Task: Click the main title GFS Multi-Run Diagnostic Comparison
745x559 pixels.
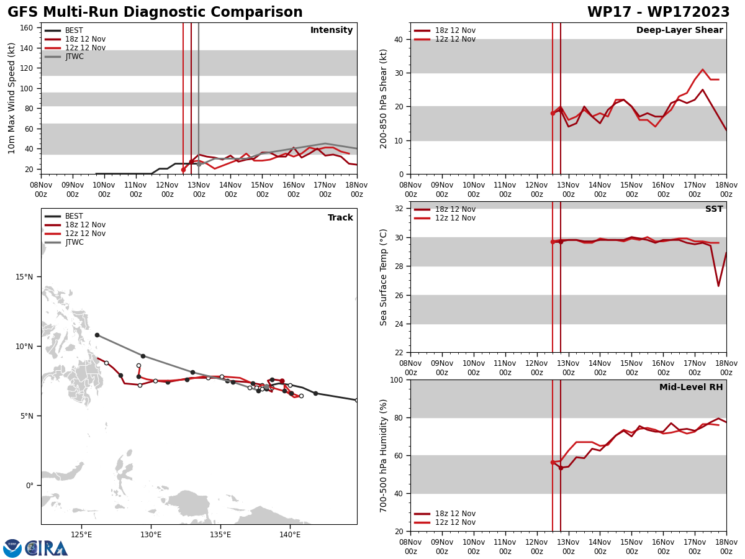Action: click(155, 12)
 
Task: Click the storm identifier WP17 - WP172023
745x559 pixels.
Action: click(658, 12)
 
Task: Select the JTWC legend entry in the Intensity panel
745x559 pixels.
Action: click(74, 57)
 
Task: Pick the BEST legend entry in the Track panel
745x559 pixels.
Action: click(74, 216)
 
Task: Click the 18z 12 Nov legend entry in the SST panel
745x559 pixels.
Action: click(455, 209)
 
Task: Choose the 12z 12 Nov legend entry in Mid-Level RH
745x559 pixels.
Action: click(455, 522)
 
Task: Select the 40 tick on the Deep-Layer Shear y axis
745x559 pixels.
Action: click(398, 39)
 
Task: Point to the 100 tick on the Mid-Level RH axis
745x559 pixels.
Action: click(395, 379)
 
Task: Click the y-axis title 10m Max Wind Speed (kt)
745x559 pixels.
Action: click(12, 98)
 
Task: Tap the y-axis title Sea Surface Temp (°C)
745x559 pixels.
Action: click(384, 277)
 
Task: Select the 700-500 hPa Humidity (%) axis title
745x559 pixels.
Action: click(384, 455)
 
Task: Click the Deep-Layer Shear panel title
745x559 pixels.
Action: click(679, 30)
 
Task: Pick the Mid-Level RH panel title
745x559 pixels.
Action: click(691, 388)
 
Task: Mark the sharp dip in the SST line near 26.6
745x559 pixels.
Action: click(718, 286)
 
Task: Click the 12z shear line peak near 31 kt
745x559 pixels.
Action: click(703, 70)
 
